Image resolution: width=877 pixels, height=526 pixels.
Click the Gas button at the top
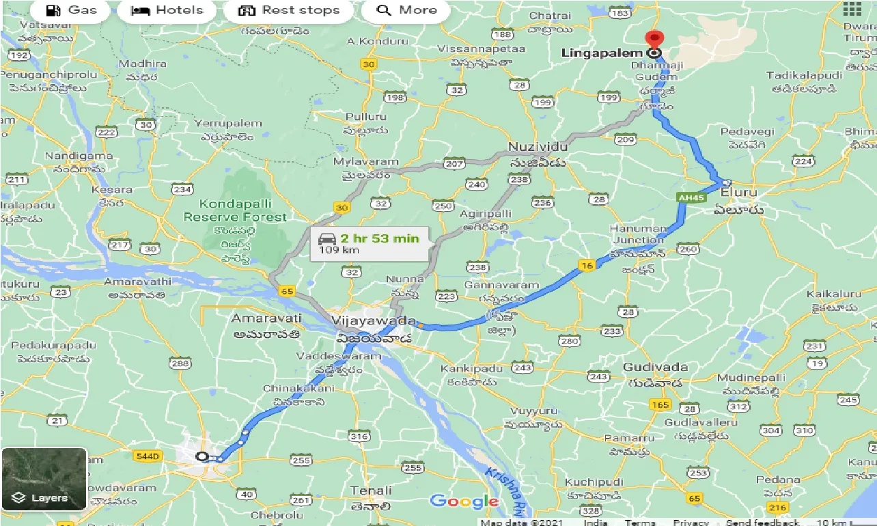(71, 10)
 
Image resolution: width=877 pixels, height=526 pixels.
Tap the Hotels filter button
(167, 10)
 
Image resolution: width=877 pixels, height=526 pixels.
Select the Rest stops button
(288, 10)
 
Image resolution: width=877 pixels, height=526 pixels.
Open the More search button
(406, 10)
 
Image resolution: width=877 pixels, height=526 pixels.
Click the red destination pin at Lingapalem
(654, 40)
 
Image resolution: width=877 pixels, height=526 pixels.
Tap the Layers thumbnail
(44, 479)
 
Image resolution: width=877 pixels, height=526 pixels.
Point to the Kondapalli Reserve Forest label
(236, 210)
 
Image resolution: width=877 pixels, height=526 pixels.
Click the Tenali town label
(371, 490)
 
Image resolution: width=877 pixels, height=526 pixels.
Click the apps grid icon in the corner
(852, 9)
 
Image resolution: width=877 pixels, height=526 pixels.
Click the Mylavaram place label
(365, 162)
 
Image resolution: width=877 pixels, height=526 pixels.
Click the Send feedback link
(762, 523)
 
